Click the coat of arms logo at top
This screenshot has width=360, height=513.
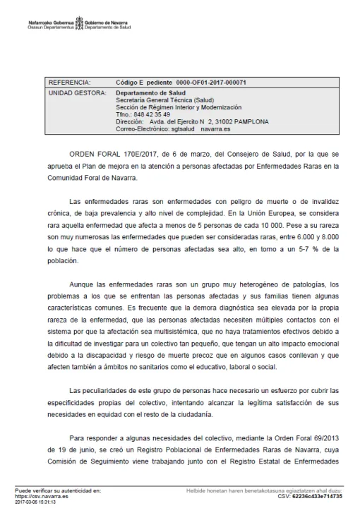click(79, 24)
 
